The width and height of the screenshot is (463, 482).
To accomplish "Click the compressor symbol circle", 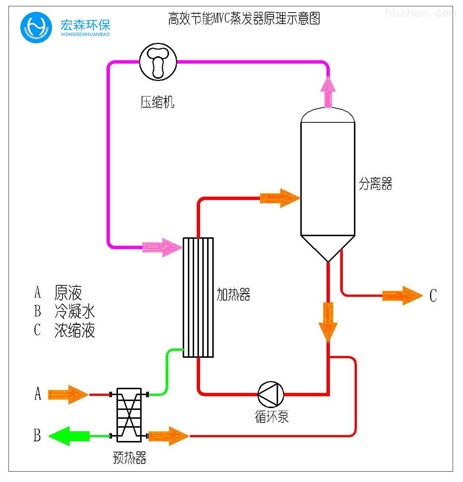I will (158, 62).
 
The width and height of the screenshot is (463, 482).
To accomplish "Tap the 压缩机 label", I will (157, 102).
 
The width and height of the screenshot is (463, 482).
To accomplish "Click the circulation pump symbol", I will (271, 394).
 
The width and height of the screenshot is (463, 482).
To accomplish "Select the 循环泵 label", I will (271, 417).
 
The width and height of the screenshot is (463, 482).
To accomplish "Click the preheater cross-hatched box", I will (129, 415).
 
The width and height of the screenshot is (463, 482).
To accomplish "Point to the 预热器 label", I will (129, 458).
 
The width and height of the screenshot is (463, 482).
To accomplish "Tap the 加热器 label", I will (233, 295).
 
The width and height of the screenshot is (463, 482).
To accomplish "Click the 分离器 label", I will (375, 184).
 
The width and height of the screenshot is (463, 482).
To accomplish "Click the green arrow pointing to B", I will (69, 436).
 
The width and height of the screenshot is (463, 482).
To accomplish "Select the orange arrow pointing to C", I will (402, 296).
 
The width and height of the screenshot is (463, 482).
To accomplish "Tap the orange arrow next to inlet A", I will (68, 394).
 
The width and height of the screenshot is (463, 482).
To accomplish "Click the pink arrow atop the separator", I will (328, 92).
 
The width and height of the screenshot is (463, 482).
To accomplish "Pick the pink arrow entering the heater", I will (162, 247).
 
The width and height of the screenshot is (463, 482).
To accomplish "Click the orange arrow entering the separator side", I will (280, 198).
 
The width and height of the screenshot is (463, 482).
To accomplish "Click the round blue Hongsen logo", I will (36, 27).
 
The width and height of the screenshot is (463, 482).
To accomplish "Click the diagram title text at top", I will (244, 18).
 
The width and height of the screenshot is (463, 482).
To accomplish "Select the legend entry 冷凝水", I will (75, 312).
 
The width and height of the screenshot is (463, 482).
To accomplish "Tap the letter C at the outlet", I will (433, 296).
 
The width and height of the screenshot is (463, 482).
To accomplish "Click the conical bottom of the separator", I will (328, 247).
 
